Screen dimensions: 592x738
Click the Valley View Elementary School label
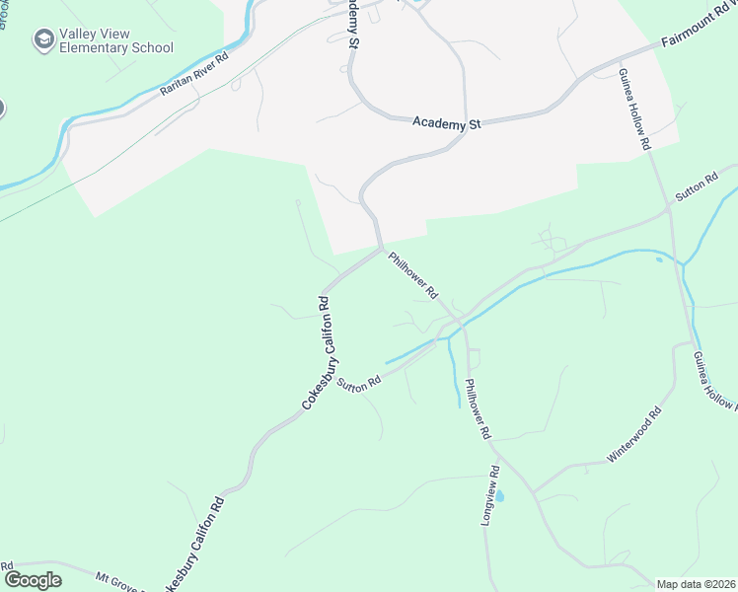(115, 40)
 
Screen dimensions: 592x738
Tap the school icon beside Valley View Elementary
(42, 39)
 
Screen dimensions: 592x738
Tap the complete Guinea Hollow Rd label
(635, 110)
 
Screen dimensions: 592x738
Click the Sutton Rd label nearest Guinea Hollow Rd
(696, 187)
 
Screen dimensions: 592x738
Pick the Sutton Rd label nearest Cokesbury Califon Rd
(358, 383)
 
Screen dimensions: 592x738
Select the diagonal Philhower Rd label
(412, 276)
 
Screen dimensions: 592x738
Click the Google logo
(33, 580)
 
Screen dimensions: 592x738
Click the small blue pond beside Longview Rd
(499, 495)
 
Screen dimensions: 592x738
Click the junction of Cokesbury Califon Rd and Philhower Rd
(380, 248)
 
